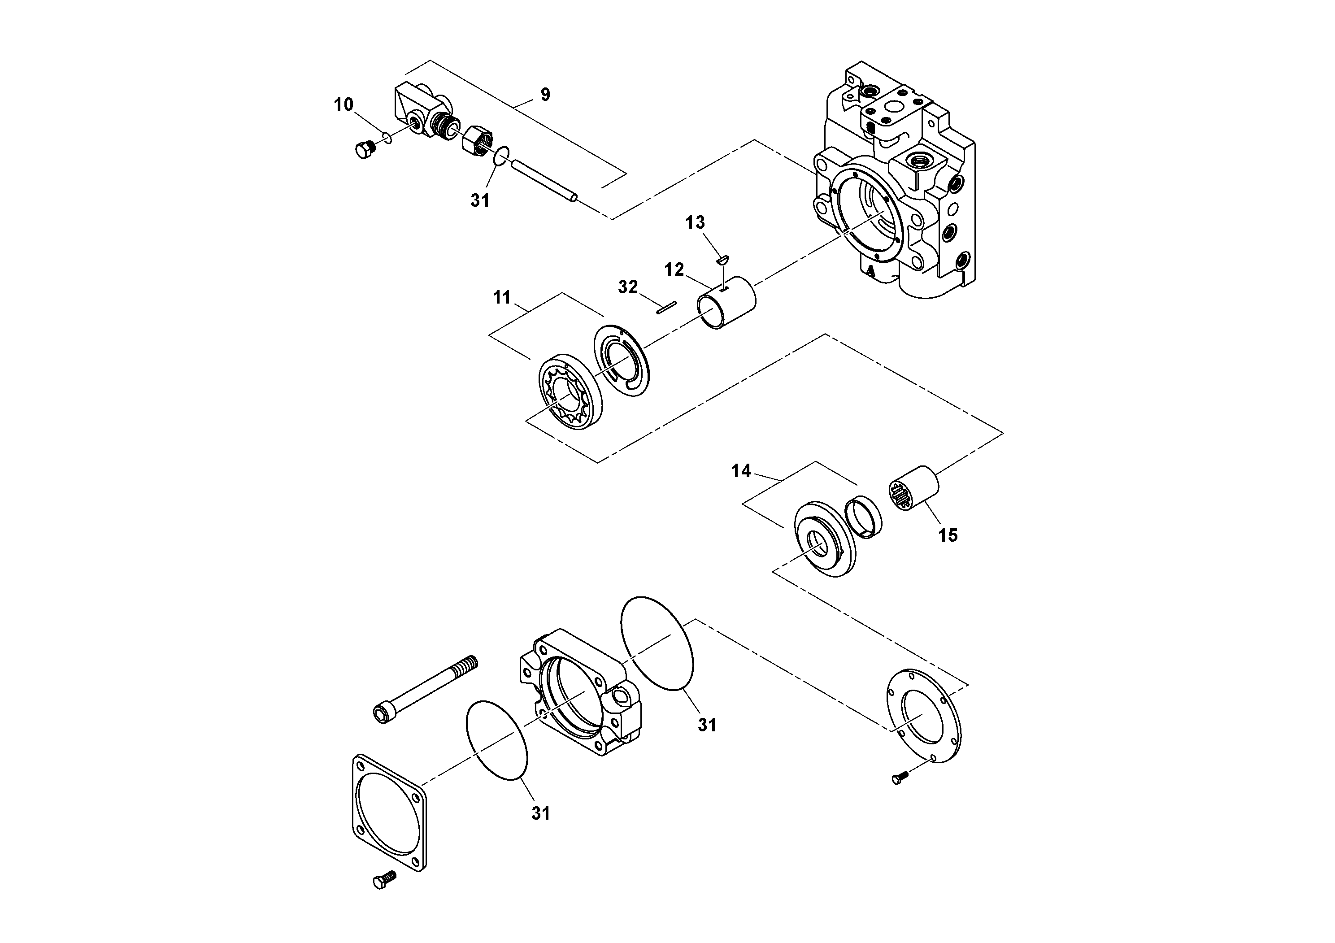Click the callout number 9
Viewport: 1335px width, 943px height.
coord(545,94)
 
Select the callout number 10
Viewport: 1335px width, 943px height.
coord(343,104)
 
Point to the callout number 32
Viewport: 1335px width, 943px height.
coord(628,287)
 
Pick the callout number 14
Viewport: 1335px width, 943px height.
coord(741,471)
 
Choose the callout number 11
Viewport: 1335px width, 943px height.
coord(502,298)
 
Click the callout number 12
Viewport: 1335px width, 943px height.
coord(674,269)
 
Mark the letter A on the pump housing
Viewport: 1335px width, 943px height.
coord(870,270)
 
